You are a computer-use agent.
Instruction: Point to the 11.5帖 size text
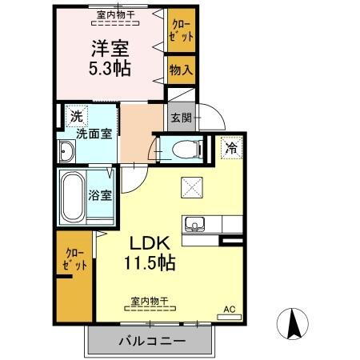(150, 262)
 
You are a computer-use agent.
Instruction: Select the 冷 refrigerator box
(230, 147)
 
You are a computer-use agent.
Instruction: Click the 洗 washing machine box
(74, 116)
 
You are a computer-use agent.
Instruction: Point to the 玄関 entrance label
(178, 118)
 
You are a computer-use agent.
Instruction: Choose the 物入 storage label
(181, 70)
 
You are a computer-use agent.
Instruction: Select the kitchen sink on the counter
(194, 222)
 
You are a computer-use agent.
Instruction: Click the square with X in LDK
(193, 186)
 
